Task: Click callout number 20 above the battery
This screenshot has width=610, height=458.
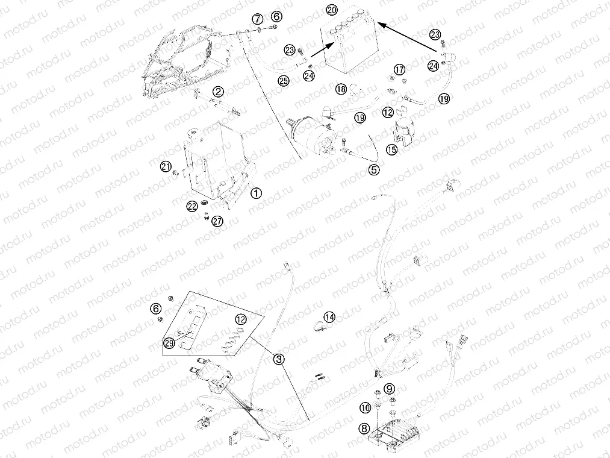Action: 332,10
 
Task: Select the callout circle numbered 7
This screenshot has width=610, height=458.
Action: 257,18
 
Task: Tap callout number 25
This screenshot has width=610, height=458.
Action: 284,81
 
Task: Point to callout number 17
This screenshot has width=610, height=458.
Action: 399,70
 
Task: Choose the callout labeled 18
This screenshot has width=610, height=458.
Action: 341,89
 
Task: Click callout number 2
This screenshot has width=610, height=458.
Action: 218,92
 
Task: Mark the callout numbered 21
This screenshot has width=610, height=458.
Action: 166,167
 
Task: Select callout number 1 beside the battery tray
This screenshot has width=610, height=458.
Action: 256,193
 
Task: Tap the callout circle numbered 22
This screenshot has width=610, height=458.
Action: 192,207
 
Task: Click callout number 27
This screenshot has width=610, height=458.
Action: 217,222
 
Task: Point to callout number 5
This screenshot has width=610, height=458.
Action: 374,169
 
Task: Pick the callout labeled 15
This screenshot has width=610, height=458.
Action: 392,149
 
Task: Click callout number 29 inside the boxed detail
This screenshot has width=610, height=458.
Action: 169,343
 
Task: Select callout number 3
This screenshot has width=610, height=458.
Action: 279,359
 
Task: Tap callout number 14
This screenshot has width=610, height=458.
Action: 329,317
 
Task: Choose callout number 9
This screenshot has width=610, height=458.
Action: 389,388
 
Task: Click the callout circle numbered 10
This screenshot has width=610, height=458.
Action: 365,408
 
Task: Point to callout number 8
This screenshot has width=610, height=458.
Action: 364,429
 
